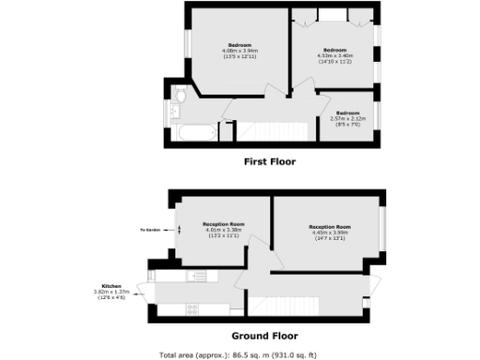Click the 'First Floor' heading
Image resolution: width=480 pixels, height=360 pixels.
(269, 161)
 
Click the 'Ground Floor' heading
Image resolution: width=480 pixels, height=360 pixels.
(264, 335)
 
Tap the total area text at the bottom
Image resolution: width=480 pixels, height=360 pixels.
(239, 354)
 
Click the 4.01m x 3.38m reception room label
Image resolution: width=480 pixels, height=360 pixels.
(224, 230)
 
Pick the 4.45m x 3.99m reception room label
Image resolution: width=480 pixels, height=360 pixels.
(329, 232)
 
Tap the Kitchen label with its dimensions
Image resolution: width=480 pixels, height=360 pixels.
(112, 292)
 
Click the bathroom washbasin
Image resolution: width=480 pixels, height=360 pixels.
(173, 111)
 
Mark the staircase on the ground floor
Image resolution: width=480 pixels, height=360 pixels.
(286, 304)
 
